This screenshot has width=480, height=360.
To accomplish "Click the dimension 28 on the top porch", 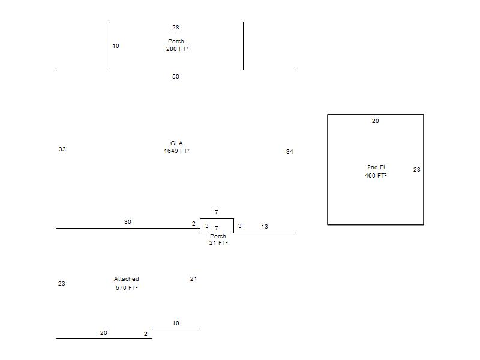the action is (175, 28).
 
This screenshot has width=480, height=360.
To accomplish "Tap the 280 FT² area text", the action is (177, 49).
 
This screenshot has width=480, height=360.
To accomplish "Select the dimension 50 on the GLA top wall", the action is (175, 77).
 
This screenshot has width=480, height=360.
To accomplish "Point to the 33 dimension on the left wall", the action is (62, 149).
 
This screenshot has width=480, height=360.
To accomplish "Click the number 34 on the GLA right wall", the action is (290, 152).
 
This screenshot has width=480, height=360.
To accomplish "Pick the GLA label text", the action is (176, 143).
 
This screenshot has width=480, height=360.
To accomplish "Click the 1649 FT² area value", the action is (176, 151).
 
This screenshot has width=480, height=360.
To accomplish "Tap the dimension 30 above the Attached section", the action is (128, 221).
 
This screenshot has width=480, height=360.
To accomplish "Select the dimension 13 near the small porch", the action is (265, 227).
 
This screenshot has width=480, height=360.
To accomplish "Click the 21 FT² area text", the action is (218, 243).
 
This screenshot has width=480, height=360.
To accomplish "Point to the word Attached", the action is (127, 279).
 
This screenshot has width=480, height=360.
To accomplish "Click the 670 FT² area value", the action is (127, 288).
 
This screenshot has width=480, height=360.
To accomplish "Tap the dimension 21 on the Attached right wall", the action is (193, 279).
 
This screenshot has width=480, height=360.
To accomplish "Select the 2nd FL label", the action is (377, 167).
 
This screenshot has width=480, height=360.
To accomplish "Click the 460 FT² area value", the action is (376, 176).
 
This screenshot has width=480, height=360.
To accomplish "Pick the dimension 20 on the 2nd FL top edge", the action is (376, 121).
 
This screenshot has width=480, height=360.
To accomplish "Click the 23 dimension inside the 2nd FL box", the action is (416, 170).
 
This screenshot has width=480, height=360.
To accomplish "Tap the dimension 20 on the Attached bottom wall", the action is (103, 333).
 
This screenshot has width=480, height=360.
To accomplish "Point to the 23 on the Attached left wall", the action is (62, 284).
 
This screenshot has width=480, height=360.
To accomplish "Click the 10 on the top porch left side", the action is (116, 46).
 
